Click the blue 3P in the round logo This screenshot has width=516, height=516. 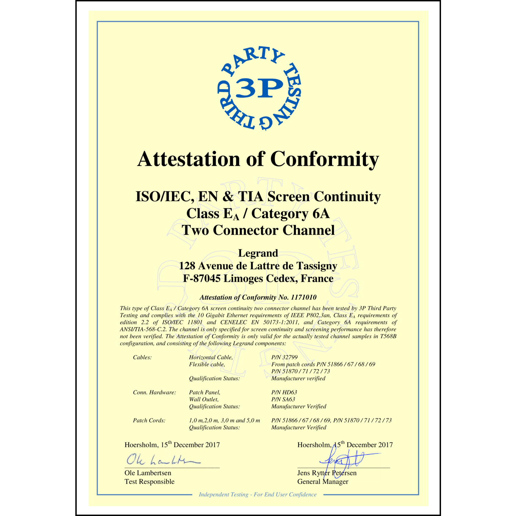[259, 88]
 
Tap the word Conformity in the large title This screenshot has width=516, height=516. [324, 159]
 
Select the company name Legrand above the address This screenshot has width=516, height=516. [258, 253]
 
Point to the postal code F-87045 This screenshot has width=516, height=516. [202, 278]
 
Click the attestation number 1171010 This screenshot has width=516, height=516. [303, 297]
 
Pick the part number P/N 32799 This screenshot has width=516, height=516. [284, 357]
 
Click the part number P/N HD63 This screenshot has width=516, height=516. [284, 392]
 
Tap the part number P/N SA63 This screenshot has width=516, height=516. [283, 399]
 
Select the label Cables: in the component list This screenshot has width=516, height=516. [142, 357]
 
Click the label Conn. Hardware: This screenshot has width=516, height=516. [154, 393]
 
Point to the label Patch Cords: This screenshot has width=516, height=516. [149, 420]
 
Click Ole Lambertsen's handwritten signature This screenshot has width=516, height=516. [162, 460]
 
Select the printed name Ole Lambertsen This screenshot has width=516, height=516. [148, 473]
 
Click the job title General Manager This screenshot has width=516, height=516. [323, 482]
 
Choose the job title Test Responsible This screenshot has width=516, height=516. [150, 482]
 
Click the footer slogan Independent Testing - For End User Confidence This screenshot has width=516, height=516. [258, 494]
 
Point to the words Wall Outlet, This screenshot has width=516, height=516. [204, 399]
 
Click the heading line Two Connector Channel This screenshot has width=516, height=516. [258, 230]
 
